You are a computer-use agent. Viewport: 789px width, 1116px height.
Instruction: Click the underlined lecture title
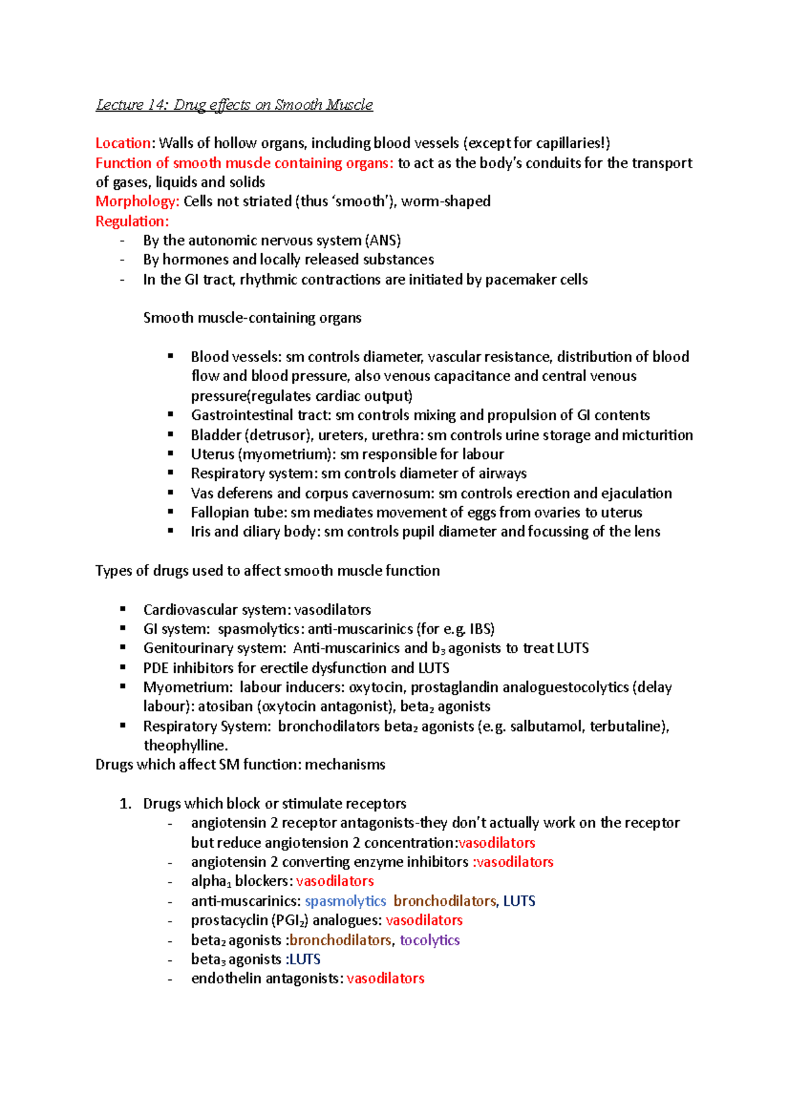[x=234, y=105]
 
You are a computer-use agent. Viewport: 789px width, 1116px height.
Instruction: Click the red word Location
[x=123, y=143]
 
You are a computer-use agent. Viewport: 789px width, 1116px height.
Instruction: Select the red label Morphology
[x=137, y=202]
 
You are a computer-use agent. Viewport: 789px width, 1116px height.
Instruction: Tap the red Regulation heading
[x=131, y=221]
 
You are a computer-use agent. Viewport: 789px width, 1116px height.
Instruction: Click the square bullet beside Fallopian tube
[x=171, y=511]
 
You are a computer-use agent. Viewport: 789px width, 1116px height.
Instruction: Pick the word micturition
[x=660, y=435]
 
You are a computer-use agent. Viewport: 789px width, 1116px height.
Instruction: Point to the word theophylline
[x=185, y=745]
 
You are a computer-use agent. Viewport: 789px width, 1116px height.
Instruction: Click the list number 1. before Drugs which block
[x=125, y=804]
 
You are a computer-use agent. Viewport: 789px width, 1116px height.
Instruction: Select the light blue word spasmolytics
[x=345, y=901]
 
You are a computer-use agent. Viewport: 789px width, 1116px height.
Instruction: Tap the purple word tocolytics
[x=429, y=940]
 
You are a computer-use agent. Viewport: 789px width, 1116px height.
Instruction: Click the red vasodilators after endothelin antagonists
[x=385, y=979]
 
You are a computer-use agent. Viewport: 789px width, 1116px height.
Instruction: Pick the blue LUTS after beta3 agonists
[x=305, y=960]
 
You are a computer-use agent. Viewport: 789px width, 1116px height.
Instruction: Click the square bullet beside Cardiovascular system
[x=123, y=609]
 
